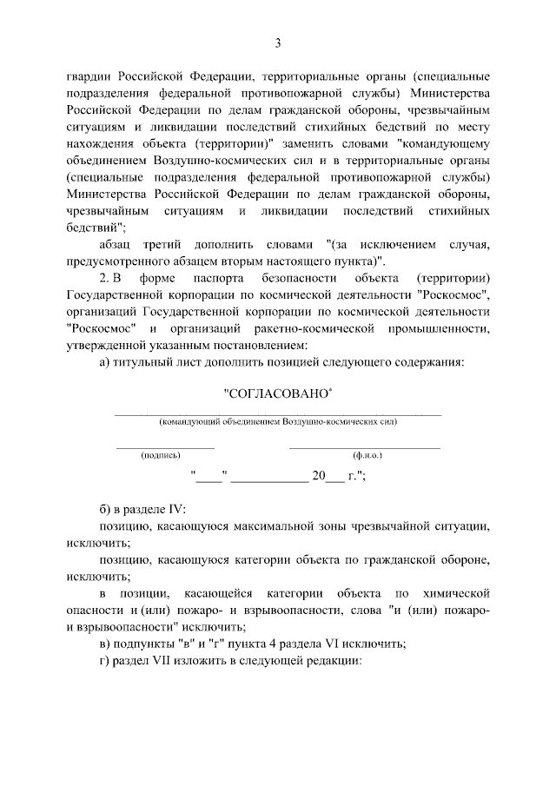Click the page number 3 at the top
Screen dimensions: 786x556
coord(278,43)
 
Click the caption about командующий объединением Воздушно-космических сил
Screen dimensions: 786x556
coord(277,422)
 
